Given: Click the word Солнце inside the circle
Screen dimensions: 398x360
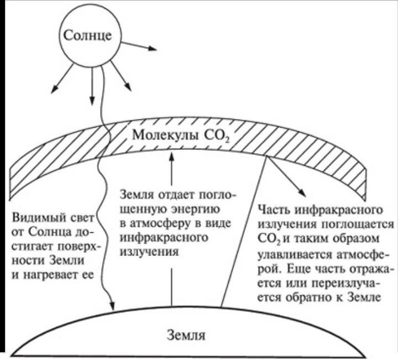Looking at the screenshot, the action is pos(87,35).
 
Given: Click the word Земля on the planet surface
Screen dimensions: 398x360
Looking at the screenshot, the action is pos(186,335).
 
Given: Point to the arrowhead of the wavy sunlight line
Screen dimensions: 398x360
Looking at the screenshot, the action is pos(112,305).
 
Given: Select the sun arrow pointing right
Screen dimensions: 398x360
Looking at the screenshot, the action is pos(139,45).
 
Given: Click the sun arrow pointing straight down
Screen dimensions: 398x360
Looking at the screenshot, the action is pos(92,86).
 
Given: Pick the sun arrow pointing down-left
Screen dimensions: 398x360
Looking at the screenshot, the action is pos(62,79).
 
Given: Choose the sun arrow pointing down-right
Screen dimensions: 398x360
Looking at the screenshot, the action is pos(121,76).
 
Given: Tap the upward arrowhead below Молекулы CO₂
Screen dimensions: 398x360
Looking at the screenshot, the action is pos(172,156).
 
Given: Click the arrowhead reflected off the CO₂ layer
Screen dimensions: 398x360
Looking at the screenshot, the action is pos(302,191).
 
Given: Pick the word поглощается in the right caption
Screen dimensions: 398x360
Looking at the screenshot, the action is pos(358,225).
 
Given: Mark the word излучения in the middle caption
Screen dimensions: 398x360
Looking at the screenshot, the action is pos(149,252).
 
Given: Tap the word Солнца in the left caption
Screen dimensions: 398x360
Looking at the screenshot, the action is pos(50,232).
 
